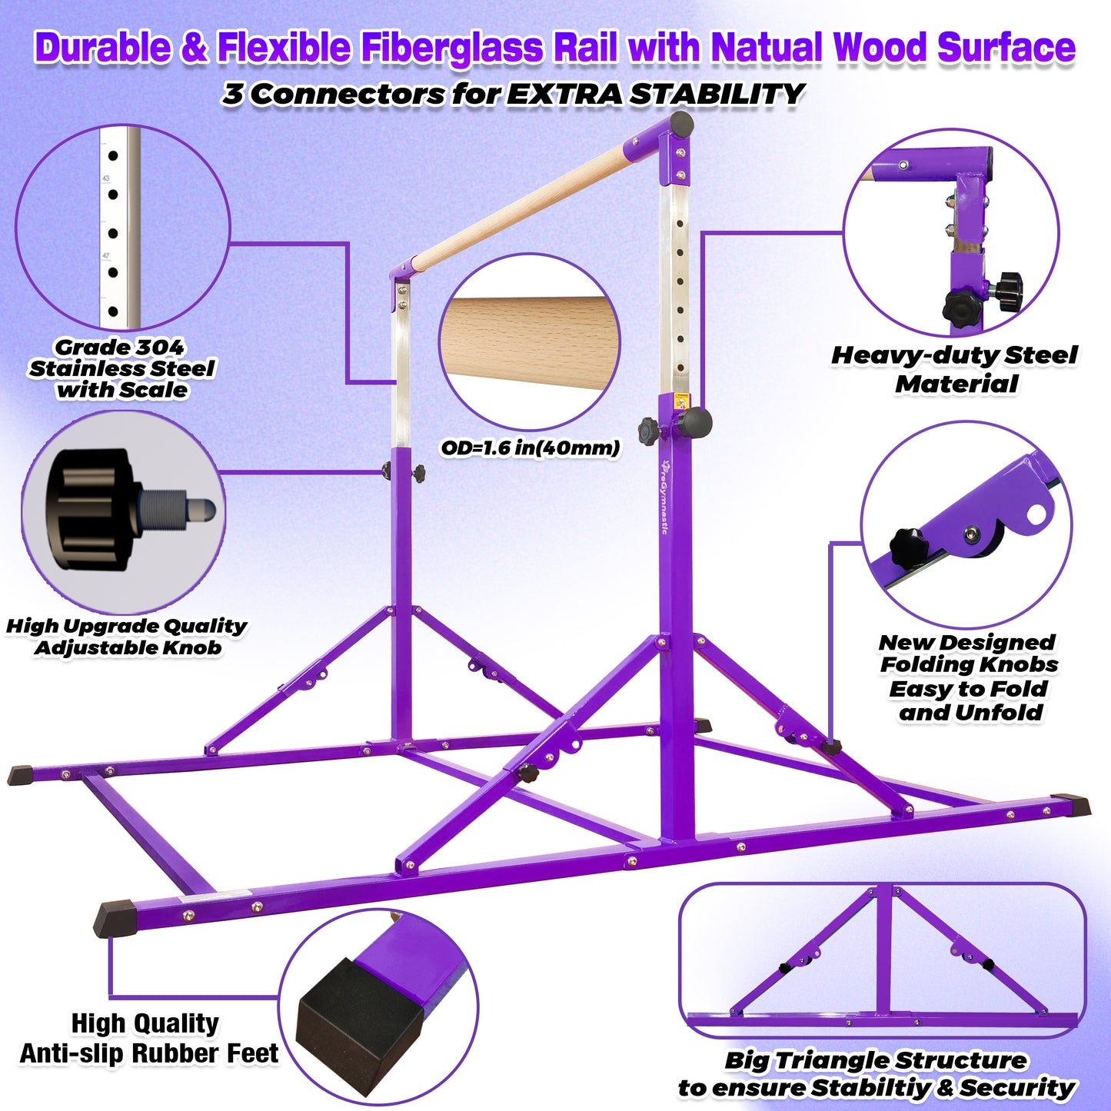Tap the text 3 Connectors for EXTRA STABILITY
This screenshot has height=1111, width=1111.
(x=513, y=95)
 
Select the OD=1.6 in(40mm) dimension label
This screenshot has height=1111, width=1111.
(x=530, y=447)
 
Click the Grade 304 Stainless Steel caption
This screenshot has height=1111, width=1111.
(x=121, y=369)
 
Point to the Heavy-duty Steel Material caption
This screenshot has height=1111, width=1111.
(x=955, y=369)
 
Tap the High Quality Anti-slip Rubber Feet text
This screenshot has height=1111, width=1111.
(x=148, y=1038)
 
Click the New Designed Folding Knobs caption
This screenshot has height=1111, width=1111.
(x=969, y=677)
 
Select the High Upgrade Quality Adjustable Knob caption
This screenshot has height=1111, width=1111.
(x=127, y=637)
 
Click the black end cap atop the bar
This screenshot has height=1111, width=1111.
(x=681, y=124)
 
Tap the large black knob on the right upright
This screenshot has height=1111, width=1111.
(x=694, y=422)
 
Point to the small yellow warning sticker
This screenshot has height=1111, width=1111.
(x=680, y=401)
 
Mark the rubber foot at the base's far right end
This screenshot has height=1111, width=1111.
(x=1073, y=806)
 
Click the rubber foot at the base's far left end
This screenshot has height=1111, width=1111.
(x=22, y=775)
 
